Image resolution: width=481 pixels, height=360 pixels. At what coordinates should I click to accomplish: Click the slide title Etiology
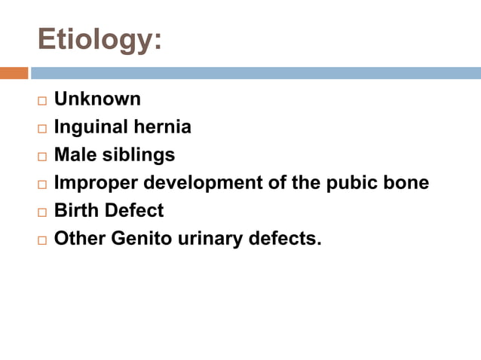click(99, 40)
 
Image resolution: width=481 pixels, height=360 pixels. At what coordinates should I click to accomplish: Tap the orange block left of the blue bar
click(14, 73)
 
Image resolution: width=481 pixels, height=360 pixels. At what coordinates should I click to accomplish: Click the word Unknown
click(97, 99)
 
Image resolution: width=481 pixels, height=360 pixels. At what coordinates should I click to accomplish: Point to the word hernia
click(164, 127)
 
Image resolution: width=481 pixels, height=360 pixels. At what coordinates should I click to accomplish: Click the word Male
click(75, 155)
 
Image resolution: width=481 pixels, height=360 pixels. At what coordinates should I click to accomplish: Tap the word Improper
click(96, 183)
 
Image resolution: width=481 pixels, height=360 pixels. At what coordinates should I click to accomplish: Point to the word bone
click(405, 183)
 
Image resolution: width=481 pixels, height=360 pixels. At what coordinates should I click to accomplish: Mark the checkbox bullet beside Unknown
click(41, 100)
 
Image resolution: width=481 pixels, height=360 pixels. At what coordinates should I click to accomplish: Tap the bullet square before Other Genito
click(41, 240)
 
